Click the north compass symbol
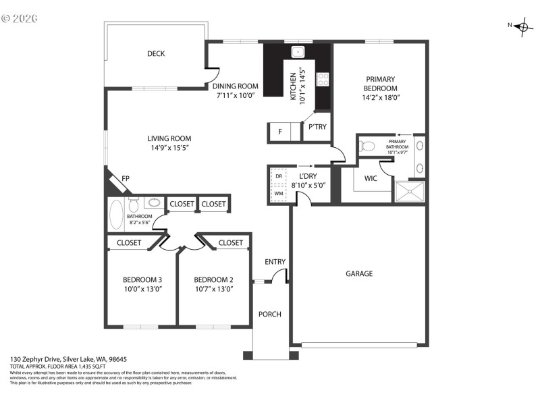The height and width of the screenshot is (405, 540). pyautogui.click(x=522, y=27)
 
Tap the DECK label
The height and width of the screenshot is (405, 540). pyautogui.click(x=156, y=54)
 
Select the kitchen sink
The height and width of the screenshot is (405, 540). pyautogui.click(x=297, y=52)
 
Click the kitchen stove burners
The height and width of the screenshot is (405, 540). pyautogui.click(x=322, y=80)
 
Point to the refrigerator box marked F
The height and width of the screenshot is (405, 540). pyautogui.click(x=279, y=132)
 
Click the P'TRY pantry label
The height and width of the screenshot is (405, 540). pyautogui.click(x=317, y=127)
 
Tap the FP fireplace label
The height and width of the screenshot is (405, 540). pyautogui.click(x=126, y=179)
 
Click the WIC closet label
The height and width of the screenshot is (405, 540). pyautogui.click(x=371, y=179)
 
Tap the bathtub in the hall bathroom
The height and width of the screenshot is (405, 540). pyautogui.click(x=115, y=215)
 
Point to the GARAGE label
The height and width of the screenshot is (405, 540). pyautogui.click(x=359, y=273)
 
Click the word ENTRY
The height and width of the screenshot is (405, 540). pyautogui.click(x=275, y=262)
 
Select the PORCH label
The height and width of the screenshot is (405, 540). pyautogui.click(x=270, y=314)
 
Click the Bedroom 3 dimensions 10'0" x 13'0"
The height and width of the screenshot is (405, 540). pyautogui.click(x=142, y=289)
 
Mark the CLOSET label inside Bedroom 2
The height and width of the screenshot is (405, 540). pyautogui.click(x=231, y=243)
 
